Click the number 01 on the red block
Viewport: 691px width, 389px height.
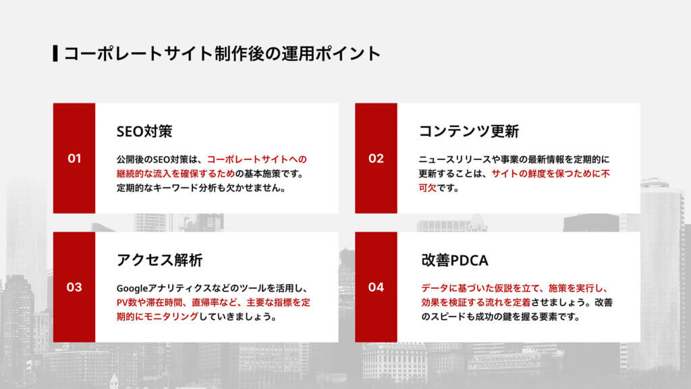(x=74, y=159)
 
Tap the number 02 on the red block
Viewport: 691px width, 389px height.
(x=376, y=159)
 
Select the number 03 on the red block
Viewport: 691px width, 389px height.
(x=74, y=287)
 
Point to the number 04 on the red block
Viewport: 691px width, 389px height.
(x=376, y=287)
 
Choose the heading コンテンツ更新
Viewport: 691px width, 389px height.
(x=468, y=131)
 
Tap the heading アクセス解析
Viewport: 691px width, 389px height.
(x=159, y=260)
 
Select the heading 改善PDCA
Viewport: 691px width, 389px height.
(x=453, y=260)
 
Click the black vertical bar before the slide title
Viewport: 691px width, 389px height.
(x=55, y=53)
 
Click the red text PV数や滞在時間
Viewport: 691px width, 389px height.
(x=155, y=302)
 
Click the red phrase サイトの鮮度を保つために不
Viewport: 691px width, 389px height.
(x=551, y=174)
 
